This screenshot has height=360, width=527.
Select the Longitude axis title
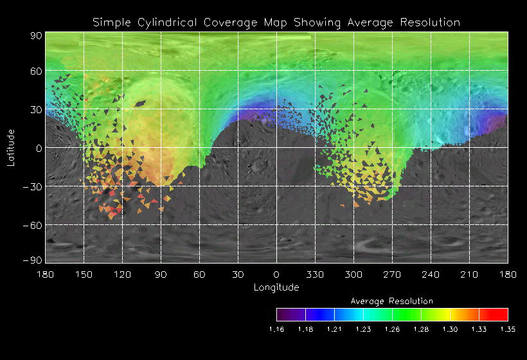276,287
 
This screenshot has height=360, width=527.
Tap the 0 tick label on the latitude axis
38,148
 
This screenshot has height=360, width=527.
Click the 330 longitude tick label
314,274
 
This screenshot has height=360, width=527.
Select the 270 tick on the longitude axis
391,274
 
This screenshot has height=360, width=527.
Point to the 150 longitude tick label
83,274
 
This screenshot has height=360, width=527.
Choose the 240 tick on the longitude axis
430,274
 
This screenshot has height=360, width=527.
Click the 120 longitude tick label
121,274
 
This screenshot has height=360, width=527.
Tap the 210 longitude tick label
469,274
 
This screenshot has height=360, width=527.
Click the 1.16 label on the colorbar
276,330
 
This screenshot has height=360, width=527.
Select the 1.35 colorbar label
508,330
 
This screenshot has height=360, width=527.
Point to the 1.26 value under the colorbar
392,330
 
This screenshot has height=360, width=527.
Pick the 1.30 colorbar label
450,330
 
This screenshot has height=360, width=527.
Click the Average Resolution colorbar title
391,301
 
